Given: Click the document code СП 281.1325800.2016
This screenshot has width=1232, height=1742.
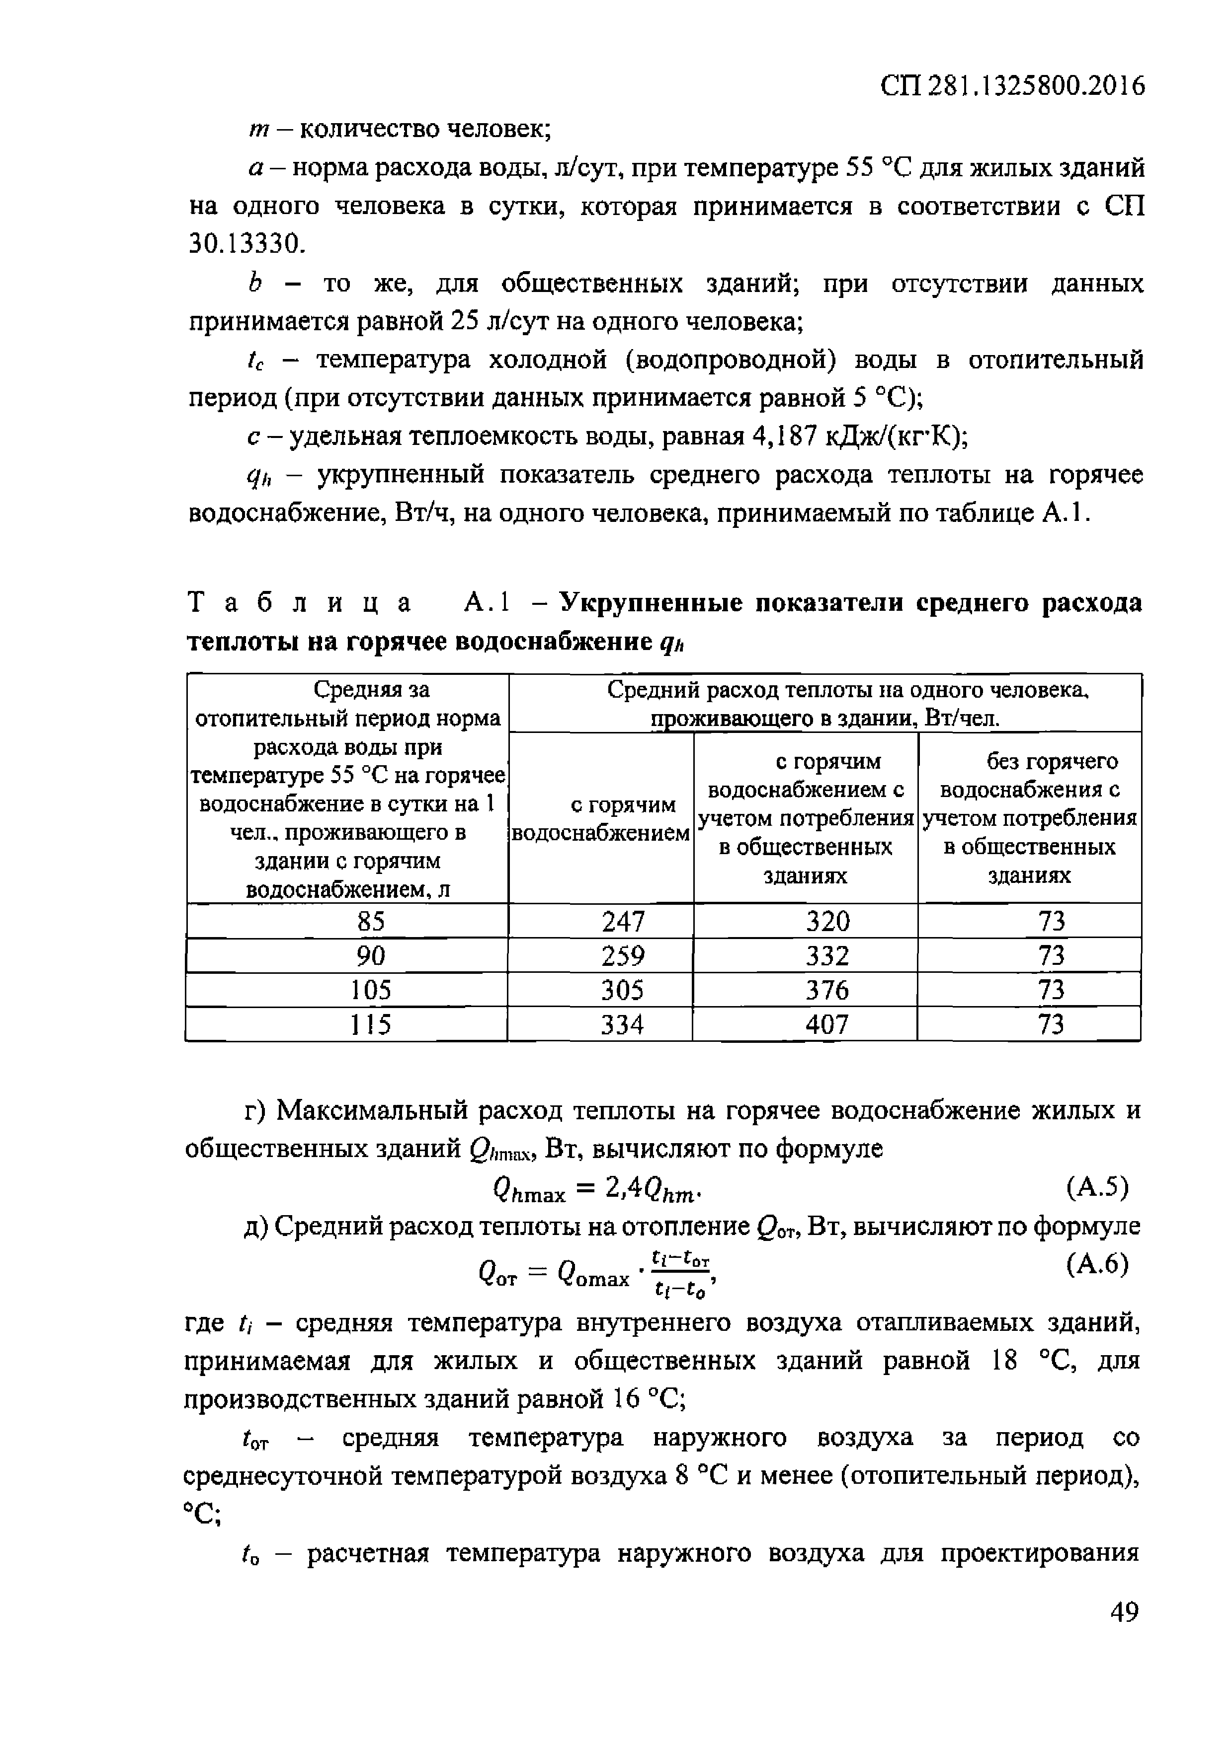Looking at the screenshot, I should click(x=1012, y=86).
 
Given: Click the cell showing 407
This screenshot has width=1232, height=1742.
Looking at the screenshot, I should click(x=826, y=1025).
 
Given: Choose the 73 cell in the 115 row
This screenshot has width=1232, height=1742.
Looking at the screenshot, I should click(x=1051, y=1025).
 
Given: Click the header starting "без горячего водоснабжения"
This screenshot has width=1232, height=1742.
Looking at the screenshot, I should click(x=1029, y=818).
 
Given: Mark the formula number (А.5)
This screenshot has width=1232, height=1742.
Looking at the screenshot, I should click(x=1097, y=1187).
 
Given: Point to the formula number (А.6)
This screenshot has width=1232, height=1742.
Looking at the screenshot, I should click(x=1097, y=1264).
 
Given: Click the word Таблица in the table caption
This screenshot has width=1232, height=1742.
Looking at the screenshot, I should click(x=299, y=603).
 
